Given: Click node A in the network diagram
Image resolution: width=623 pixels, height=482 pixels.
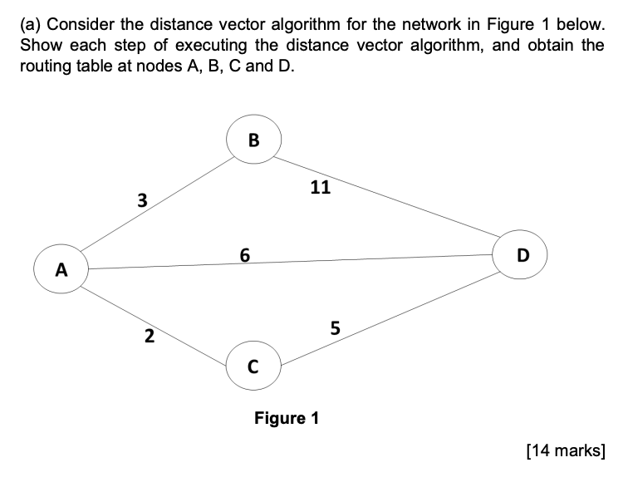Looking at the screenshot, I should pyautogui.click(x=60, y=269).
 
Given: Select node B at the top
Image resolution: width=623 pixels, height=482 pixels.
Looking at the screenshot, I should pyautogui.click(x=253, y=140).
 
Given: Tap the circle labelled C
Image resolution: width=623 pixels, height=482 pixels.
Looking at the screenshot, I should pyautogui.click(x=253, y=365).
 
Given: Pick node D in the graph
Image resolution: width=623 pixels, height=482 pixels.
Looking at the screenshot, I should pyautogui.click(x=521, y=254).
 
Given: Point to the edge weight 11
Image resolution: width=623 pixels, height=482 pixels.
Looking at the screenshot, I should pyautogui.click(x=320, y=188).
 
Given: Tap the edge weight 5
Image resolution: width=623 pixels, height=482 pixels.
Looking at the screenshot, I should pyautogui.click(x=335, y=327).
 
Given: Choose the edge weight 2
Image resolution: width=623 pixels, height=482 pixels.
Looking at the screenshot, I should pyautogui.click(x=149, y=336).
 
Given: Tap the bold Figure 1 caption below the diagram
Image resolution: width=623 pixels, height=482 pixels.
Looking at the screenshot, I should pyautogui.click(x=286, y=417).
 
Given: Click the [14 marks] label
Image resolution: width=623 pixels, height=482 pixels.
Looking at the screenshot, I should pyautogui.click(x=566, y=450).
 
